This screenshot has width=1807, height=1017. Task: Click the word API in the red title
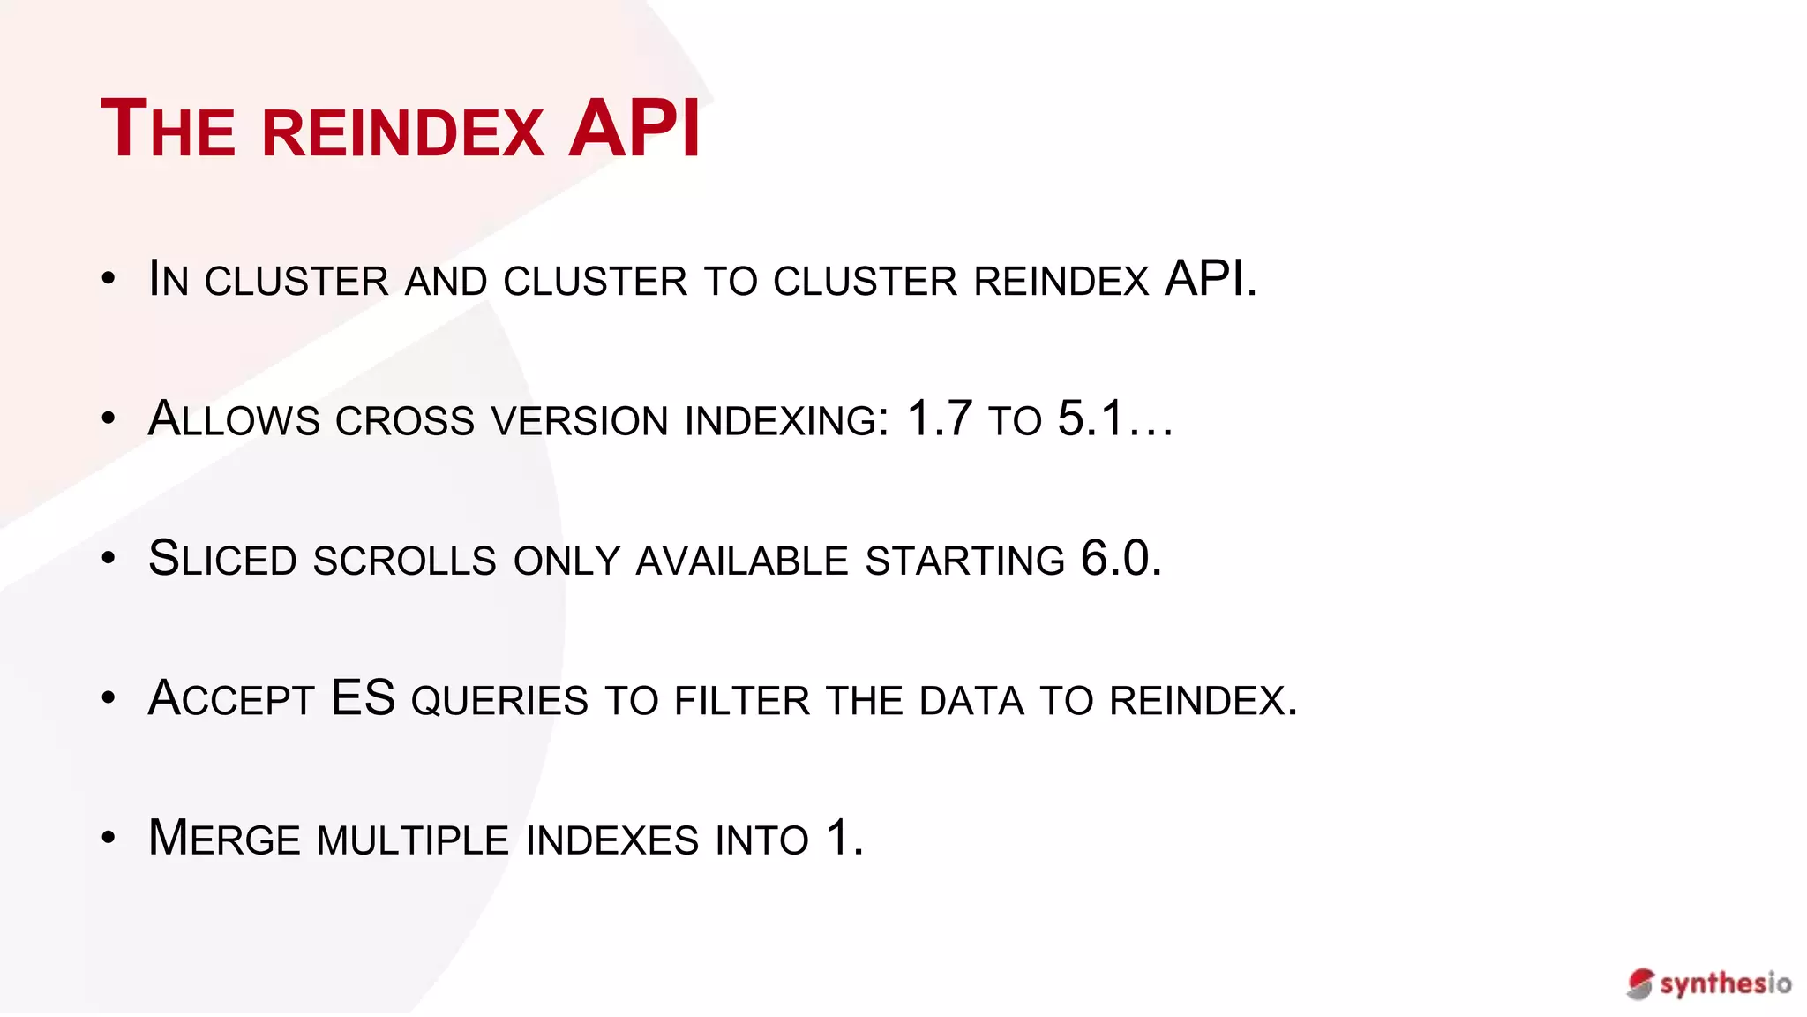pos(634,129)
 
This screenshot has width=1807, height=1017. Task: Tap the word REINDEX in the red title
pos(402,133)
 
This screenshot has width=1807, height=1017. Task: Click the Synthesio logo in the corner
pos(1709,983)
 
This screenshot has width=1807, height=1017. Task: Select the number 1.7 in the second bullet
pos(939,418)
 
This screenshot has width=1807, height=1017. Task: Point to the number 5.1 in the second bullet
pos(1091,418)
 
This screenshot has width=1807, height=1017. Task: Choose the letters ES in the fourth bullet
pos(363,697)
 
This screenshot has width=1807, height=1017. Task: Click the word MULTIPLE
pos(413,840)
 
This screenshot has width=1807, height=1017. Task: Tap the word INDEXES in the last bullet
pos(611,840)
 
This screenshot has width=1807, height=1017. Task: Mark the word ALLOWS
pos(234,419)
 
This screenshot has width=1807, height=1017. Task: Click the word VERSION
pos(580,421)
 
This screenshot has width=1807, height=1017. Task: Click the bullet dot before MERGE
pos(109,837)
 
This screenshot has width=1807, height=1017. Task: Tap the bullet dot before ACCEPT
pos(109,697)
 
